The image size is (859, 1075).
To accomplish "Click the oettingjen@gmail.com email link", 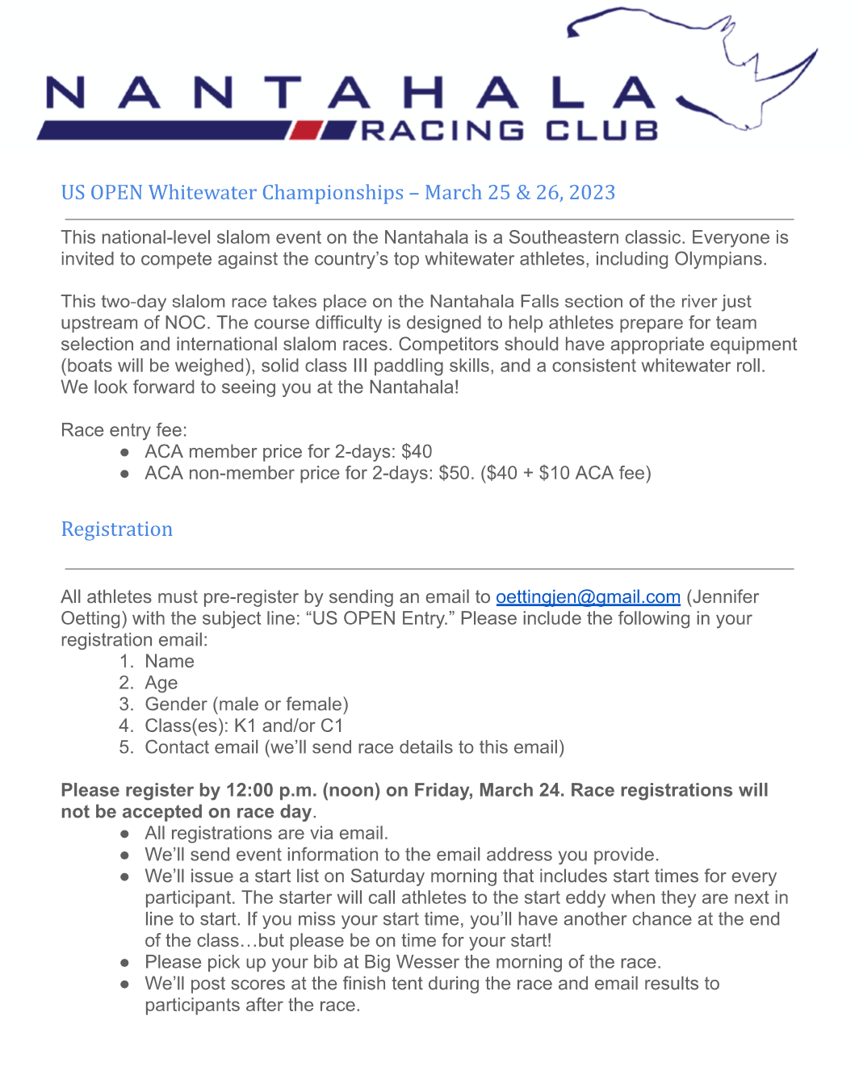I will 588,597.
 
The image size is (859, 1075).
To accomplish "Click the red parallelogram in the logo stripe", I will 307,130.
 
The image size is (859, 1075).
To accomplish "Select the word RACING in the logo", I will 442,131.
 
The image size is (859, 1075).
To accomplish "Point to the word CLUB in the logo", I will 601,131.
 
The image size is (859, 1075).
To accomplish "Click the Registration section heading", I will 117,529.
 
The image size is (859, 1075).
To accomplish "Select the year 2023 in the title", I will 592,193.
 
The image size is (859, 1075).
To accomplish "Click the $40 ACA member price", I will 417,452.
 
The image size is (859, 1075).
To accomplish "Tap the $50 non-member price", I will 455,473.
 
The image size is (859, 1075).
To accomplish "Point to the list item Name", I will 170,662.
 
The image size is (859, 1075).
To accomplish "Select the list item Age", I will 161,684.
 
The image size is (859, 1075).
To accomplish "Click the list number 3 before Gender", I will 126,705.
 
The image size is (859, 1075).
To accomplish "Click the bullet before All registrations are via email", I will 125,834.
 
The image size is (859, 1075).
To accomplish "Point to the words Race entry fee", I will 124,430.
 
